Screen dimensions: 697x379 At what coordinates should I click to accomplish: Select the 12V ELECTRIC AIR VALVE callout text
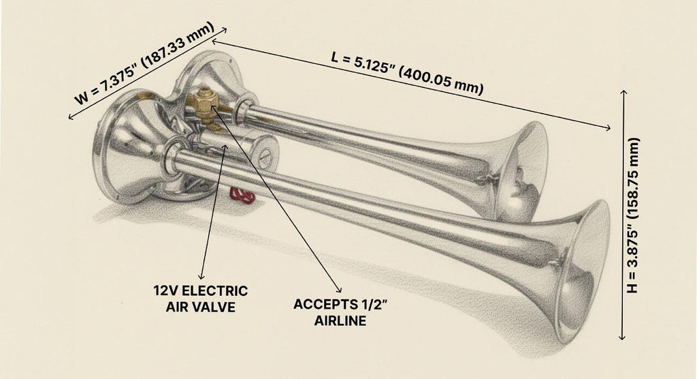(201, 299)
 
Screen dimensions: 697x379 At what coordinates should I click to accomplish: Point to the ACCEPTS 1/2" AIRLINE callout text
(340, 313)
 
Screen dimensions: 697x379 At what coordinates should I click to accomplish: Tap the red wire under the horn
(242, 196)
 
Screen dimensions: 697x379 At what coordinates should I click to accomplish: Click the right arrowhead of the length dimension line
(606, 128)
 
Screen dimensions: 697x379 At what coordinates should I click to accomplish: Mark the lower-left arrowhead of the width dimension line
(71, 117)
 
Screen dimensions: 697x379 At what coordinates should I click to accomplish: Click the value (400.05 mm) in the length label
(440, 82)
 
